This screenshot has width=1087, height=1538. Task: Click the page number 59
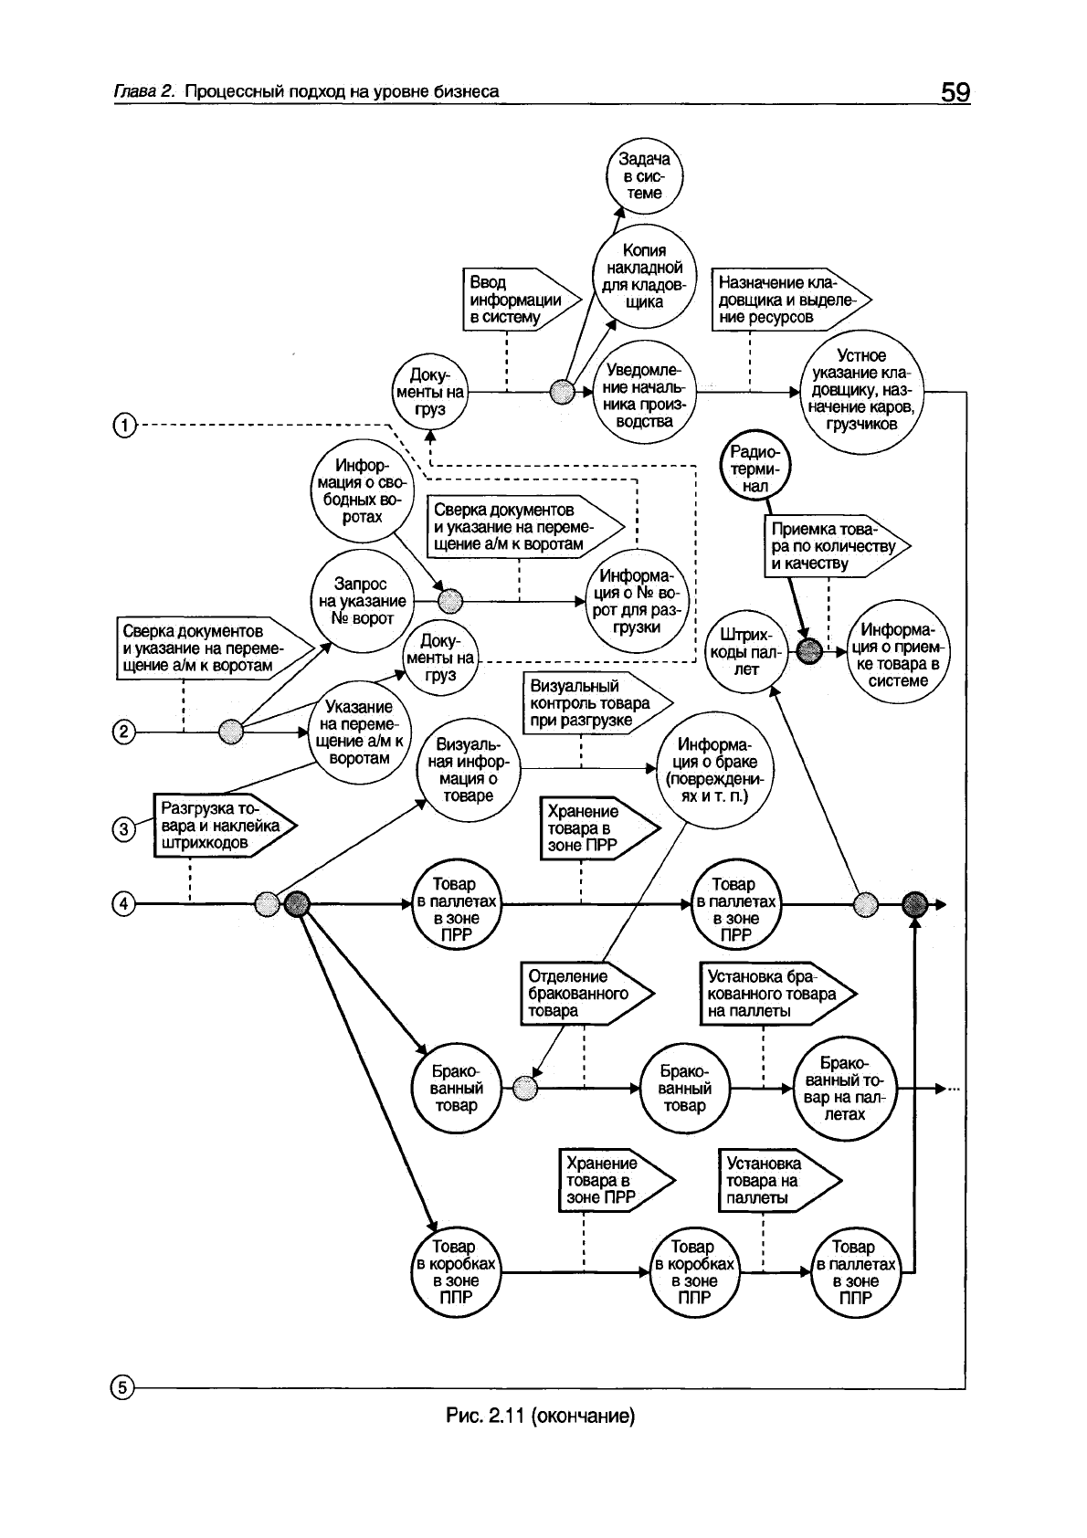(954, 92)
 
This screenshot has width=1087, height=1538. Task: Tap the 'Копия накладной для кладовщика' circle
(644, 275)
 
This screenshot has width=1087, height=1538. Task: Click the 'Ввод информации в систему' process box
(512, 300)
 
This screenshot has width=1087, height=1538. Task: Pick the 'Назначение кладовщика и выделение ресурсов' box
(790, 300)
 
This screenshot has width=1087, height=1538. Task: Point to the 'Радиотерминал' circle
(755, 469)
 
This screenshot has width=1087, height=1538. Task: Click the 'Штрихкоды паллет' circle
(746, 651)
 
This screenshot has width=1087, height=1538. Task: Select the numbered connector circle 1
(124, 425)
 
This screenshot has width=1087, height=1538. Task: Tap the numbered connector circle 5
(122, 1388)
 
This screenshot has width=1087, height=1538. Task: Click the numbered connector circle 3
(123, 829)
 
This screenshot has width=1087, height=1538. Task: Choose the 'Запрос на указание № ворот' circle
(363, 600)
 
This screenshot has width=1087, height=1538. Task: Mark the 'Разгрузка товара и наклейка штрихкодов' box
(223, 826)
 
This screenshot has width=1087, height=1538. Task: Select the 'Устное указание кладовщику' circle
(860, 390)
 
